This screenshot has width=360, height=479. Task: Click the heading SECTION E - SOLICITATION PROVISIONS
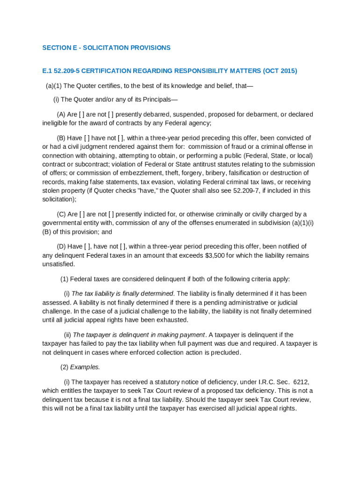coord(106,48)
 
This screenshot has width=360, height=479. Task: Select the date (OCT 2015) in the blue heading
coord(280,71)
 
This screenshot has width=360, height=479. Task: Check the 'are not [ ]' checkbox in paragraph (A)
coord(110,115)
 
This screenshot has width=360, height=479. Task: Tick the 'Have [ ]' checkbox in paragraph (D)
coord(87,247)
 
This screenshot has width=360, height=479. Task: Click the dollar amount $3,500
coord(215,255)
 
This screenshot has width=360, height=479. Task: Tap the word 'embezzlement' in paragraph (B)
coord(115,173)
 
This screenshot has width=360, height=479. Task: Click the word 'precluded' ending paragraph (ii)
coord(226,353)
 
